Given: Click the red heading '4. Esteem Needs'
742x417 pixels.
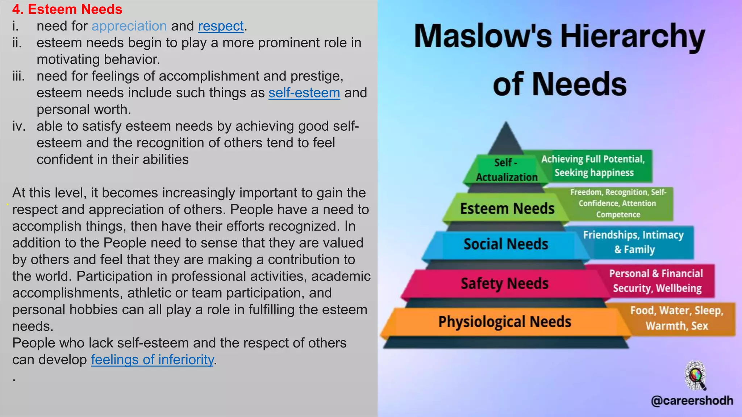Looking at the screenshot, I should click(67, 9).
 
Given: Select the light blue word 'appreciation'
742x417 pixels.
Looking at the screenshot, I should click(129, 26).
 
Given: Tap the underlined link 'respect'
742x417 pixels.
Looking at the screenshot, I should click(221, 26).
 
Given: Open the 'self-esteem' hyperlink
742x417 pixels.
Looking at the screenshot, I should click(304, 93).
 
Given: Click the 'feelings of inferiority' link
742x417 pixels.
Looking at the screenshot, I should click(152, 359).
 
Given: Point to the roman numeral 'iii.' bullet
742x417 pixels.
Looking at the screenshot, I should click(18, 76).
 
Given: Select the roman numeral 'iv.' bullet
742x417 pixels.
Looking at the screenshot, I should click(18, 126).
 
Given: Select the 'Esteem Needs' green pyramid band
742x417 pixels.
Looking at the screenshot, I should click(507, 209).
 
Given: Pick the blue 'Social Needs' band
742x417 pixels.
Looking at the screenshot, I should click(505, 244).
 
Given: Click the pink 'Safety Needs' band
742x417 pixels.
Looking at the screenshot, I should click(504, 283).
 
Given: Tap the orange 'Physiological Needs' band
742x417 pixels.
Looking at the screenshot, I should click(504, 321).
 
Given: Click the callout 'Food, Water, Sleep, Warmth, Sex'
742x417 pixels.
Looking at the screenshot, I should click(676, 318).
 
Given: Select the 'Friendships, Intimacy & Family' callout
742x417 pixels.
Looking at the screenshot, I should click(634, 242).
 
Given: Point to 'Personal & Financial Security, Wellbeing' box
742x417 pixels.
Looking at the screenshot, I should click(656, 281).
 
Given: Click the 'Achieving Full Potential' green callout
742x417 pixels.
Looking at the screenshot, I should click(593, 166).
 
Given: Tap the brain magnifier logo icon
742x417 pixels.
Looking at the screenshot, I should click(695, 375).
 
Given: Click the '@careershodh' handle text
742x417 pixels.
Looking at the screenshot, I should click(692, 401).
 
